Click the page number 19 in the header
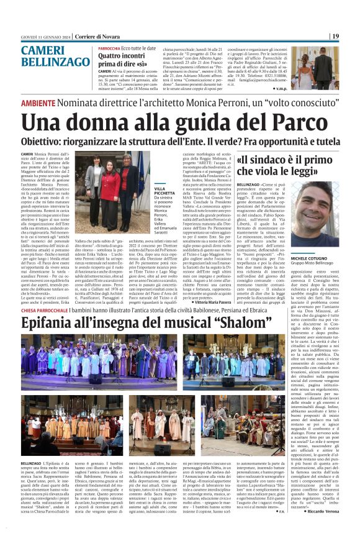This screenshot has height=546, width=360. coord(335,37)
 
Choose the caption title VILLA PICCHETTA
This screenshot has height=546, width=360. coord(146,191)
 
